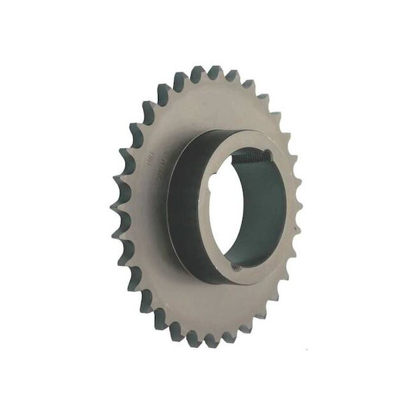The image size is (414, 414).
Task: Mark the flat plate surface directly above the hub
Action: (x=211, y=105)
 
